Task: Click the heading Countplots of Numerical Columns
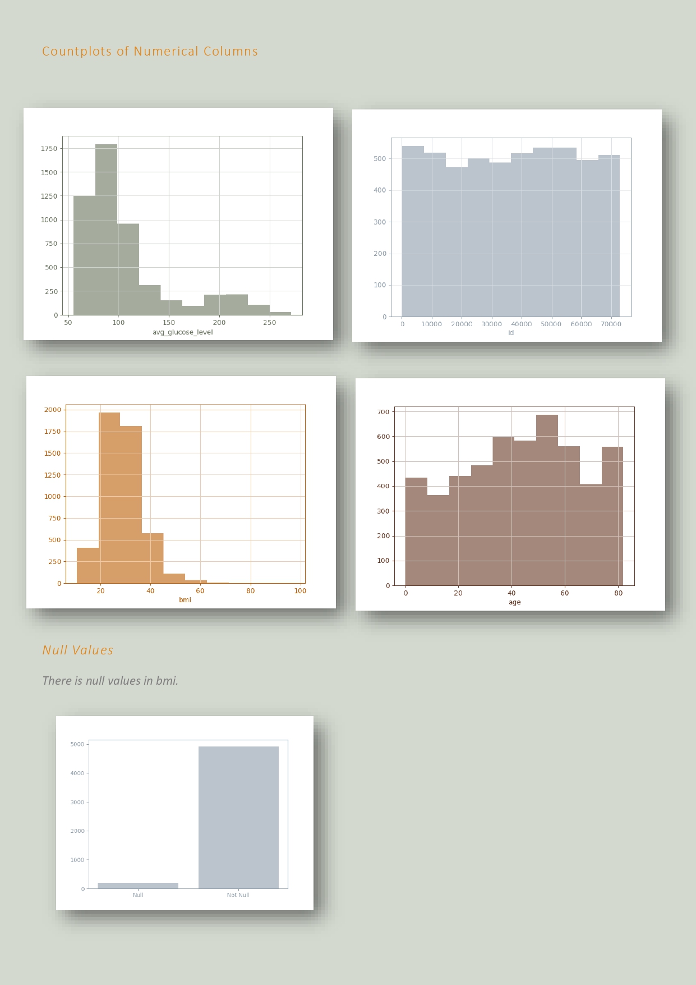click(150, 52)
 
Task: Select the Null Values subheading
click(78, 650)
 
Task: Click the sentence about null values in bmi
click(110, 681)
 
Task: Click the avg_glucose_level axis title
click(183, 332)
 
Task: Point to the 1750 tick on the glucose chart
click(49, 149)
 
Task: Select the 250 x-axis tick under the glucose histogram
click(269, 323)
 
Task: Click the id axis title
click(511, 333)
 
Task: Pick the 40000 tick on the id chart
click(521, 324)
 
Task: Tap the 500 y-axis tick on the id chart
click(380, 159)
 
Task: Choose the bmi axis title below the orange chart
click(185, 600)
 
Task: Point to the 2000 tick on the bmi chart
click(53, 410)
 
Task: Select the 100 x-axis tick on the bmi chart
click(300, 591)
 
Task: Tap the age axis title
click(515, 602)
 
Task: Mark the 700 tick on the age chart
click(384, 412)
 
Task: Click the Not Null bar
click(238, 817)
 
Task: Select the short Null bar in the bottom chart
click(138, 886)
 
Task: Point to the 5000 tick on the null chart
click(77, 744)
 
